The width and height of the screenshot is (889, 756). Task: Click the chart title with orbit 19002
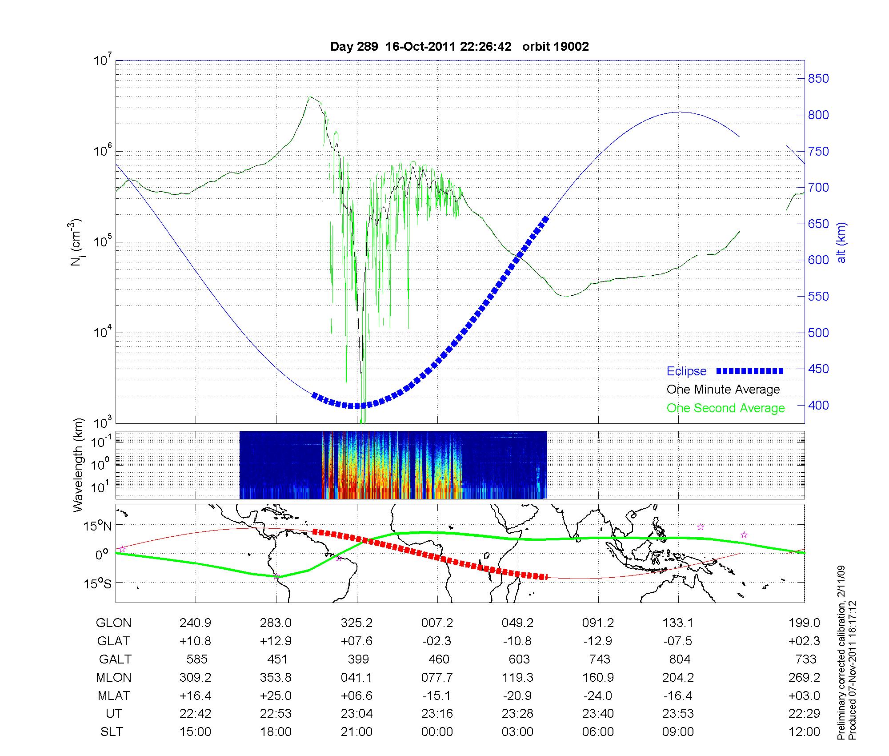tap(460, 47)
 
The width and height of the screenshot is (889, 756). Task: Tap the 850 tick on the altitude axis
tap(818, 79)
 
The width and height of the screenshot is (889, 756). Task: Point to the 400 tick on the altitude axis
tap(818, 406)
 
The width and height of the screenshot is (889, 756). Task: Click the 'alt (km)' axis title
tap(842, 242)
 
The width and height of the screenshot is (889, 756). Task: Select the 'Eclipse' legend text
tap(686, 371)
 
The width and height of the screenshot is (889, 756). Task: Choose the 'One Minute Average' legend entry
tap(723, 390)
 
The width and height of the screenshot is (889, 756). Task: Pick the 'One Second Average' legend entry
tap(725, 408)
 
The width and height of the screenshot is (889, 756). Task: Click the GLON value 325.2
tap(356, 623)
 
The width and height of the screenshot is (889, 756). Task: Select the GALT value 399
tap(358, 659)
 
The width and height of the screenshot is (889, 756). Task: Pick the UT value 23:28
tap(518, 714)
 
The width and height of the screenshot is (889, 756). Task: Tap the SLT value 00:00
tap(437, 732)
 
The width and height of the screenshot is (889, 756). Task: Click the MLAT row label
tap(114, 696)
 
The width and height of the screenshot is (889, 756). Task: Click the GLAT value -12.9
tap(598, 641)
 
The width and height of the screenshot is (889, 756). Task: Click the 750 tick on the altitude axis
tap(818, 152)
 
